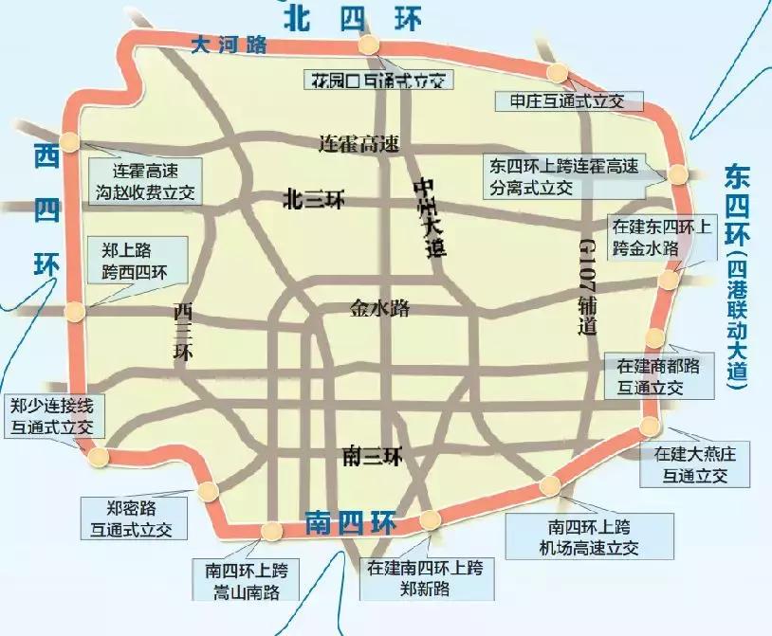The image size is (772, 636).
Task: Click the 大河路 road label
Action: (229, 44)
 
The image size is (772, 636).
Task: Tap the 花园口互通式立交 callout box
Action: (377, 80)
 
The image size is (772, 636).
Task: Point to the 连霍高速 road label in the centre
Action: (358, 144)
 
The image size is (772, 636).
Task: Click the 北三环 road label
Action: (314, 199)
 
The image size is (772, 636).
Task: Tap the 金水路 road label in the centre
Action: (379, 308)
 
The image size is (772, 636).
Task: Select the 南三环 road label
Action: (371, 457)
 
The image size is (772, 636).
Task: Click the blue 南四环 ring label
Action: (349, 523)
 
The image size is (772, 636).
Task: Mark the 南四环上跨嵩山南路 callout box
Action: (246, 581)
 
